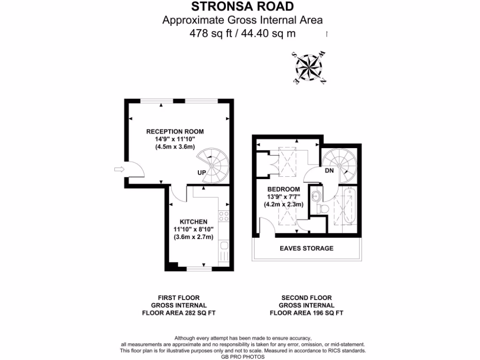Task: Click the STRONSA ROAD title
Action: pos(243,7)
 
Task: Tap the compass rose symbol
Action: pos(307,67)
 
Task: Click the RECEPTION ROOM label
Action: pos(175,131)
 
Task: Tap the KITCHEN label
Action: pos(194,221)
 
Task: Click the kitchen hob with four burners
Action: pos(224,216)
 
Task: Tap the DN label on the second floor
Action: pos(329,171)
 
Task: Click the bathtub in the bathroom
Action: pos(349,207)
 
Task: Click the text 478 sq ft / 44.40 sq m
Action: pos(243,33)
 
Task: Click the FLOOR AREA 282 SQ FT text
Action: pos(178,313)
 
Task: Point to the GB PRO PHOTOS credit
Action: pos(243,356)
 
